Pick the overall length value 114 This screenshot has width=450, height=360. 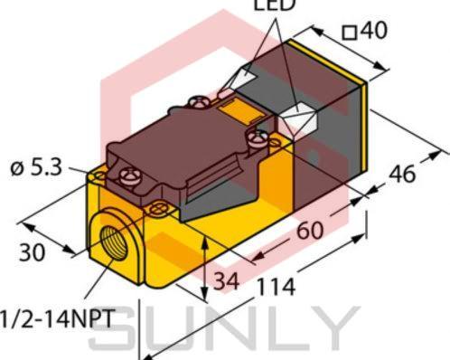(276, 288)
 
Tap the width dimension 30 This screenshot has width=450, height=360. (33, 253)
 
